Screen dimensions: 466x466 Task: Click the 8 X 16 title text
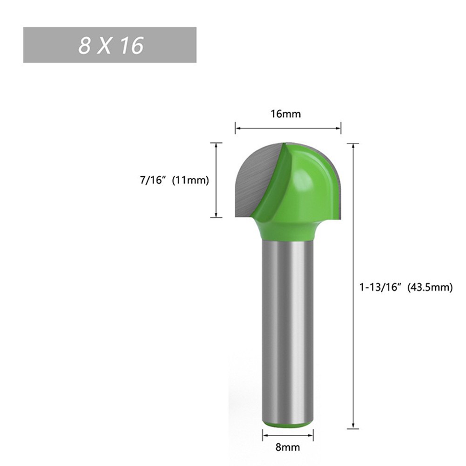(110, 45)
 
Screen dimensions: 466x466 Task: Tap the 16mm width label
(288, 114)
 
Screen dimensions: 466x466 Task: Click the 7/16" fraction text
(153, 180)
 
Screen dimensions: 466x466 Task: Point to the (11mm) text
(190, 180)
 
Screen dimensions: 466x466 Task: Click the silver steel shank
(288, 326)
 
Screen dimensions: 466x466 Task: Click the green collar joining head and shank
(288, 230)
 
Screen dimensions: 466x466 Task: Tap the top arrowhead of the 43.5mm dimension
(354, 146)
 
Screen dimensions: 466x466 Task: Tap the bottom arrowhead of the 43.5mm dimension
(354, 425)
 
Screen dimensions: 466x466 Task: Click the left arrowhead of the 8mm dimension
(264, 435)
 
